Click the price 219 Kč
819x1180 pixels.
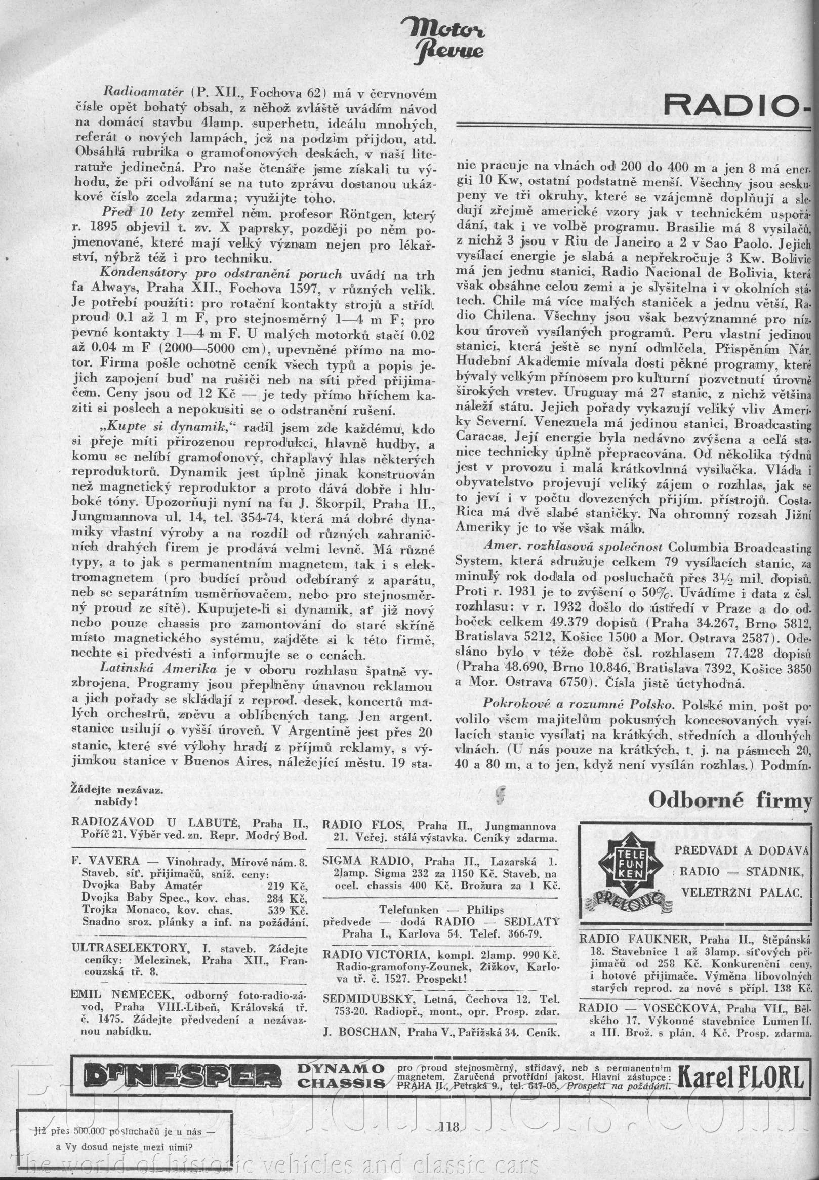287,885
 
